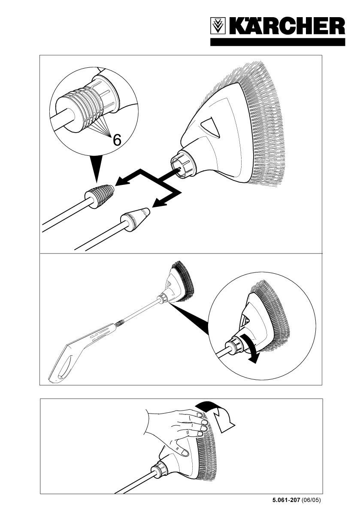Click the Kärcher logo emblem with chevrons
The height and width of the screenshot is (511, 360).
[x=218, y=26]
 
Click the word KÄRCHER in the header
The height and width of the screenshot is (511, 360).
[x=287, y=26]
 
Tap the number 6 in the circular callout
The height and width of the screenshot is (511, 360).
[x=117, y=140]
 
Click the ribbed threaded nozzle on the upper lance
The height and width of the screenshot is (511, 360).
[x=100, y=196]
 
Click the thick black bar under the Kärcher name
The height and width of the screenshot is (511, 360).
[x=278, y=42]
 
